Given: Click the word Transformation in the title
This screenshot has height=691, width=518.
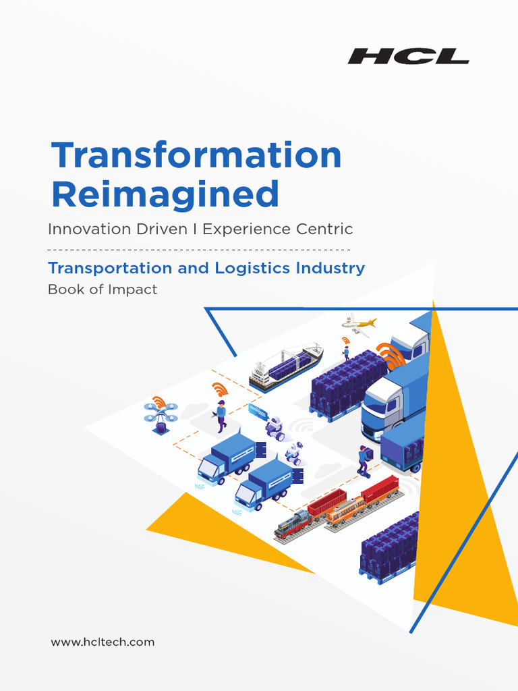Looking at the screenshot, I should pos(196,155).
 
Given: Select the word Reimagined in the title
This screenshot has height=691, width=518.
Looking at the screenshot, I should pos(165,194).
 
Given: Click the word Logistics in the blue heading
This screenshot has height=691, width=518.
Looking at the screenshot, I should pos(252,268).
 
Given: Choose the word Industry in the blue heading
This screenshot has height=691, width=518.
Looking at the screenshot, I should pos(330,268).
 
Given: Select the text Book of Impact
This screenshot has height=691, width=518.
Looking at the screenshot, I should pos(103,289).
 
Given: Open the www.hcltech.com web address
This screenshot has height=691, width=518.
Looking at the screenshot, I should pos(103,642).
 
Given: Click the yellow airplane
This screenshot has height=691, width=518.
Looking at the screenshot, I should pos(359,324).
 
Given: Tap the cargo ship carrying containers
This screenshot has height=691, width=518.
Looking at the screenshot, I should pos(286,367).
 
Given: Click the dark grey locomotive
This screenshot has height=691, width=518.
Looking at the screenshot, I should pos(291,524).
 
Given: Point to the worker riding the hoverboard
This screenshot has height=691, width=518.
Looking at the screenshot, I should pos(364,461).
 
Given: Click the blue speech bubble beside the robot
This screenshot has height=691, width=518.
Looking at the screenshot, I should pos(258,411).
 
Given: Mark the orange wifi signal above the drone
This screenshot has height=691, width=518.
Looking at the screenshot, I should pos(159,402).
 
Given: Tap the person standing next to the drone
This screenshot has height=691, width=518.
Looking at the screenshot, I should pos(221,416).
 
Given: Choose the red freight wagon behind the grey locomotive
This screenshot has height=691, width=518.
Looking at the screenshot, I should pos(326,503).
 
